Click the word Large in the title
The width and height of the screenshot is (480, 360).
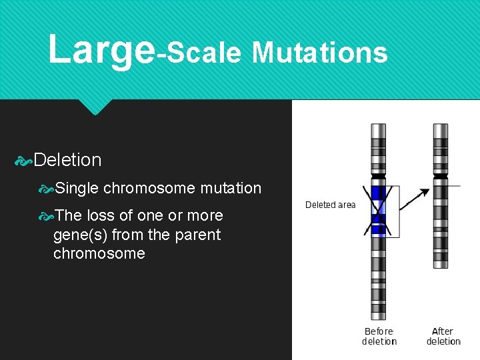pos(101,50)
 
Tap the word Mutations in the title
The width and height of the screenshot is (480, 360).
pos(319,52)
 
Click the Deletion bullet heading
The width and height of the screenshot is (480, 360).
pos(67,160)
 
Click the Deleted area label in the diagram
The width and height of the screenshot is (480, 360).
pos(330,205)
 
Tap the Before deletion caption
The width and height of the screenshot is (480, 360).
pos(379,336)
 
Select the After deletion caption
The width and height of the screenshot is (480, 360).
pos(443,336)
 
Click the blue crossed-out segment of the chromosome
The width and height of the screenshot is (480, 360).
pos(379,211)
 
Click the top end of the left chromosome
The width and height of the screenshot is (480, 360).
pos(379,127)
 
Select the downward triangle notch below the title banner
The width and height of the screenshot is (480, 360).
pos(95,107)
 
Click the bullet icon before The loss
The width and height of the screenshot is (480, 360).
pos(45,216)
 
